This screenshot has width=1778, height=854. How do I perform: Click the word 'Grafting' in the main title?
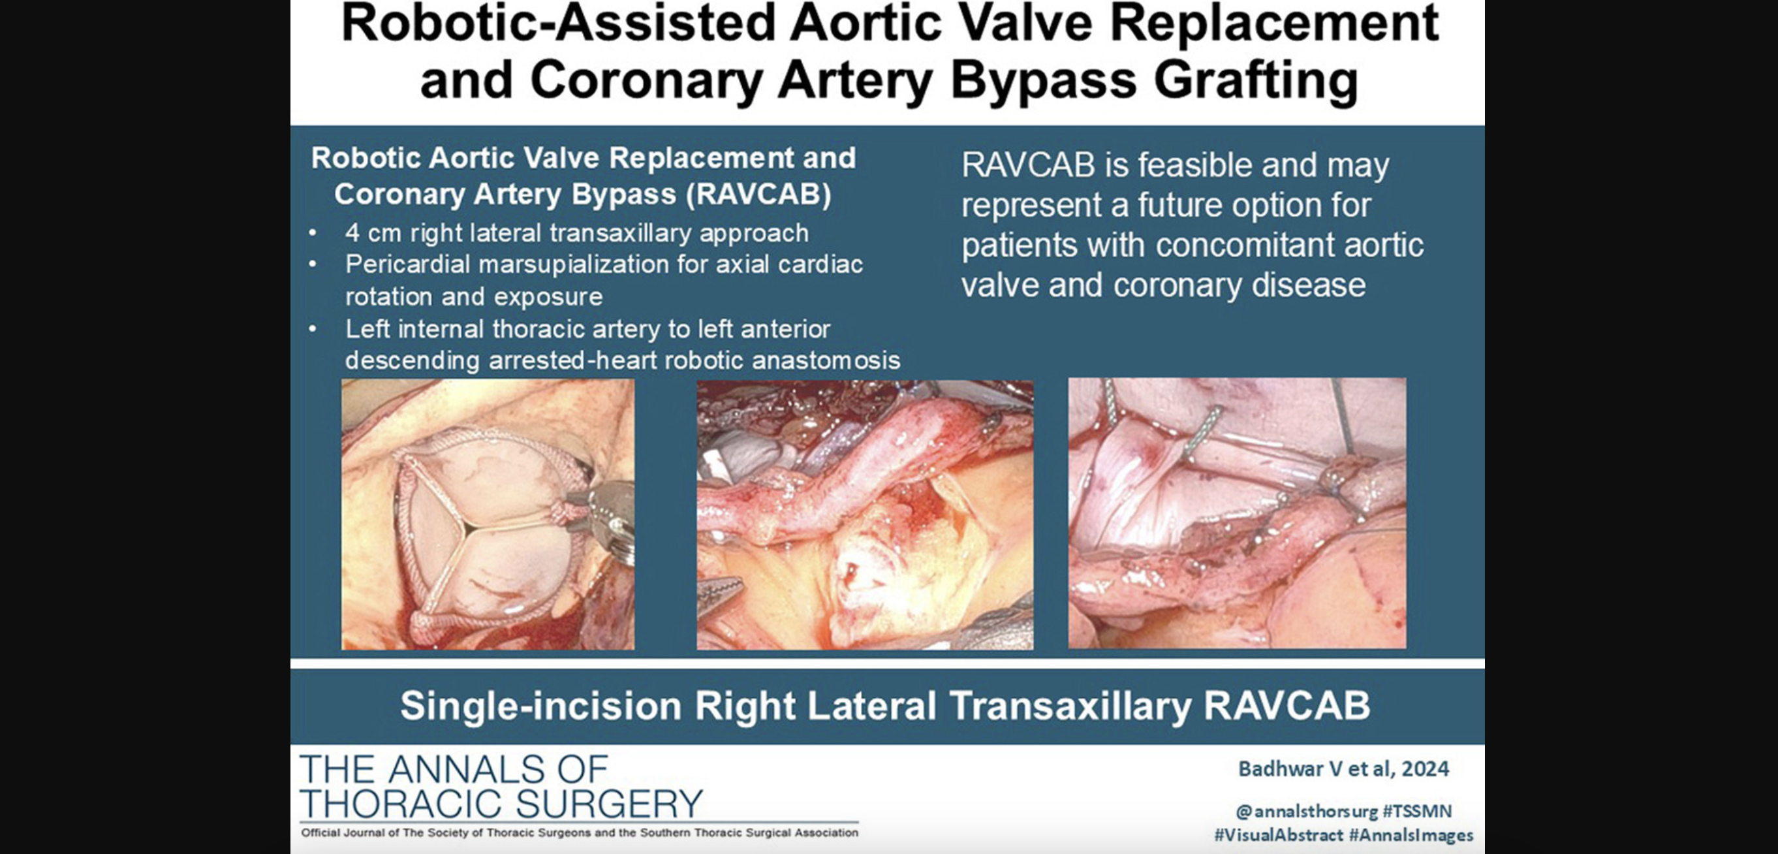(1256, 81)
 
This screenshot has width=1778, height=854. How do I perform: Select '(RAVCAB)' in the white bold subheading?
(758, 195)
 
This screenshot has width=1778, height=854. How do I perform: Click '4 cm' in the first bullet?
(373, 233)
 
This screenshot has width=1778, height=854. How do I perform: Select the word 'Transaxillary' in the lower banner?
(1070, 706)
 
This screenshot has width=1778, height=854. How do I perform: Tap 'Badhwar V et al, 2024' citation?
(1343, 769)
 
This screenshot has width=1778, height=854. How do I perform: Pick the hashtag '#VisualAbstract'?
(1278, 835)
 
